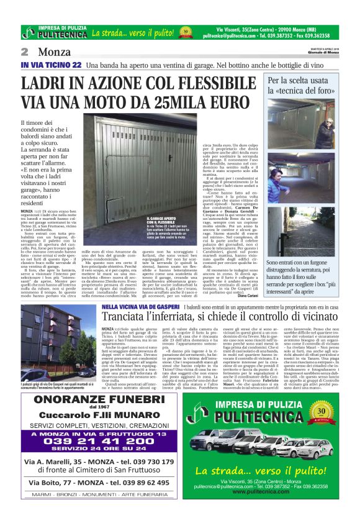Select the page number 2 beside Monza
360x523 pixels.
pos(25,52)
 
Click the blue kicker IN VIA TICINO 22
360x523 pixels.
pos(51,65)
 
